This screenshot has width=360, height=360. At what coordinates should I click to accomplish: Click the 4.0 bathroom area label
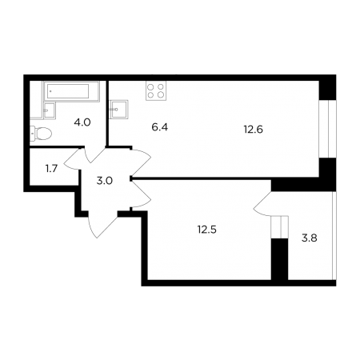[x=82, y=122]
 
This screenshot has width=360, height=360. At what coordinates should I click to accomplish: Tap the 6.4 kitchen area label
[x=159, y=127]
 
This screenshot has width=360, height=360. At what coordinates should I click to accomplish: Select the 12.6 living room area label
[x=253, y=130]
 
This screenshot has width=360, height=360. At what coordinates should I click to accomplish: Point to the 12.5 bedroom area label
[x=207, y=230]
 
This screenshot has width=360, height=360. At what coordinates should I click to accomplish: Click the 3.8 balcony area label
[x=310, y=238]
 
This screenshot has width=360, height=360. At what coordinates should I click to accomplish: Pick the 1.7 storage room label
[x=52, y=169]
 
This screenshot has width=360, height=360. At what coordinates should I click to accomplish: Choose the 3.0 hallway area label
[x=105, y=181]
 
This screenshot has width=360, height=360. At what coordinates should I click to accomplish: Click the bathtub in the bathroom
[x=71, y=91]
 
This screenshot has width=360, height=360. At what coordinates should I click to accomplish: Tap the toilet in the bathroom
[x=41, y=133]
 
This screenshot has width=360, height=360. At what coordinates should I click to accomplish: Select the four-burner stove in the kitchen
[x=156, y=90]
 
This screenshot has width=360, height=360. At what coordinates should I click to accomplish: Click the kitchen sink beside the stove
[x=119, y=109]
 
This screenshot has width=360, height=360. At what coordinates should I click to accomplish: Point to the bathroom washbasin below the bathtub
[x=49, y=110]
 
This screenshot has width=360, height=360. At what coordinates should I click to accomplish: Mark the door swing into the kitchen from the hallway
[x=141, y=162]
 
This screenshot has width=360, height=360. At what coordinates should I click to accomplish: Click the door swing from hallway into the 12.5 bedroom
[x=142, y=194]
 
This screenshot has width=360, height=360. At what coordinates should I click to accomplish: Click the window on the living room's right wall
[x=328, y=129]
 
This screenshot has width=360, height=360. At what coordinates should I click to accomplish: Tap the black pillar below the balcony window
[x=280, y=259]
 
